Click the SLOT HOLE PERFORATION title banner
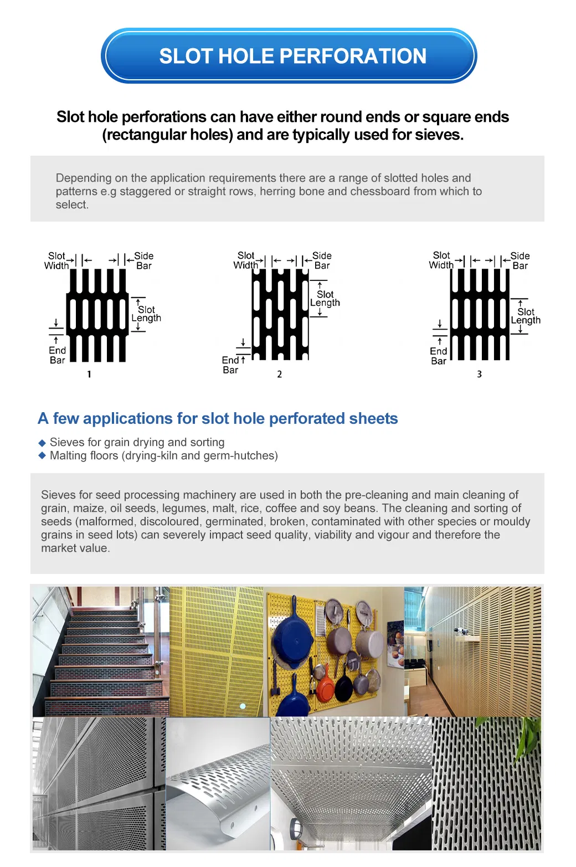288,56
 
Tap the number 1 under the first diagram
89,374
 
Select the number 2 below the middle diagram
280,374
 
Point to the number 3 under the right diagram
480,374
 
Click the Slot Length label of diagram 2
325,299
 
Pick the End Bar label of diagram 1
57,355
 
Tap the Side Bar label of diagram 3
520,260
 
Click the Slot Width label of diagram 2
246,260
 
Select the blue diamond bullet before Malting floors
42,455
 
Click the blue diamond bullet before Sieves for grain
42,443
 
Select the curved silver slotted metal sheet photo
218,784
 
